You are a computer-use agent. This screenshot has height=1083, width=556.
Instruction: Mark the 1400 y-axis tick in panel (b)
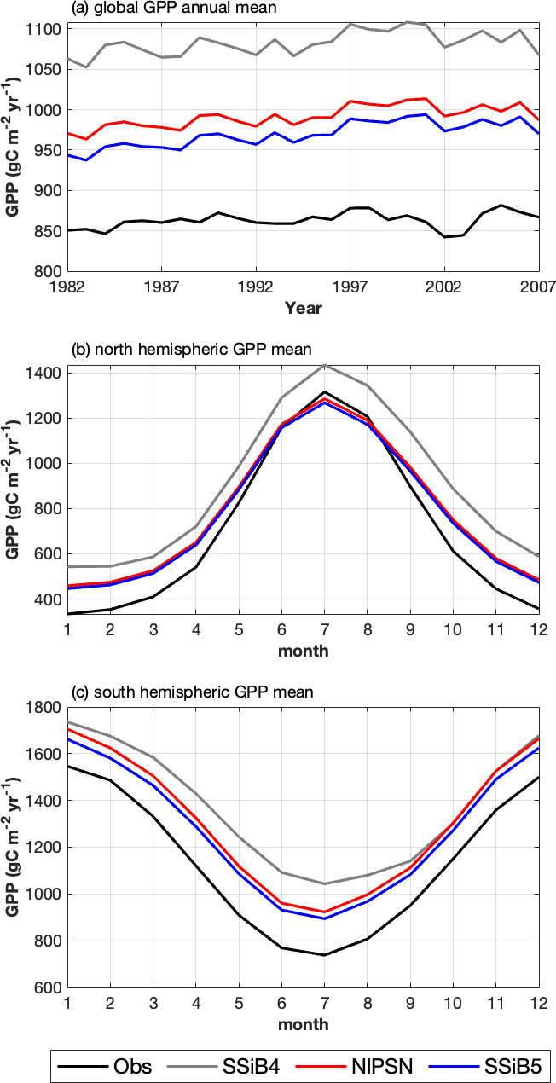click(x=44, y=374)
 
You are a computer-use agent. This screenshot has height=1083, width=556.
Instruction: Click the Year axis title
click(x=304, y=307)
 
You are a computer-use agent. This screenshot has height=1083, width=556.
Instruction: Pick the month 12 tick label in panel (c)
click(x=536, y=1003)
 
